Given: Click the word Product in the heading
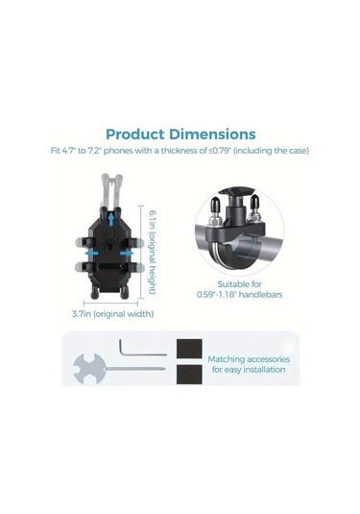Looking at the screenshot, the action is [x=135, y=135].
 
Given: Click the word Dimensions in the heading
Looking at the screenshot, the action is [x=212, y=135].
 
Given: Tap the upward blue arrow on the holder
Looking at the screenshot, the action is [x=111, y=219].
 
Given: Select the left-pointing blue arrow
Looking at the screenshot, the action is [x=91, y=254].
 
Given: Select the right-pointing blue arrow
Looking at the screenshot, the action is [x=127, y=254].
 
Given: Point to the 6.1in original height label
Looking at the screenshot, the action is [x=153, y=252].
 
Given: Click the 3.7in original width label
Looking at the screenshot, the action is [x=112, y=314].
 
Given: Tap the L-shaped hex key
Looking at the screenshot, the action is [x=143, y=349].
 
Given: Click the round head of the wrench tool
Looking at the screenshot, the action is [x=88, y=369].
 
